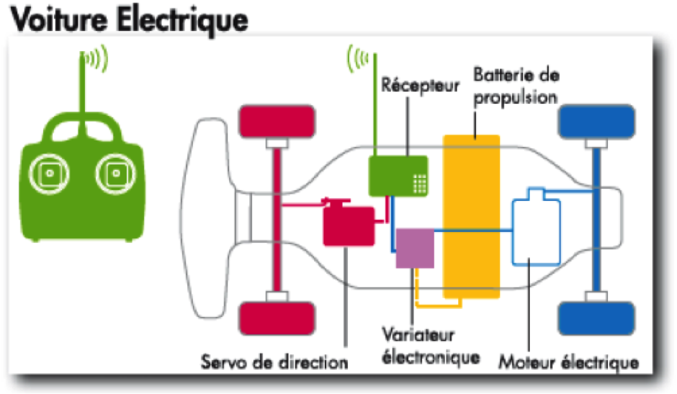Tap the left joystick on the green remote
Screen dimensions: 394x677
click(x=48, y=174)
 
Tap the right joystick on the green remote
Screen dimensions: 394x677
click(x=115, y=174)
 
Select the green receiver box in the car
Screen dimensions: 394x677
click(x=398, y=176)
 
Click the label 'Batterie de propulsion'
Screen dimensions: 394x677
click(x=515, y=86)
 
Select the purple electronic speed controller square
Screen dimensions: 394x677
click(x=415, y=248)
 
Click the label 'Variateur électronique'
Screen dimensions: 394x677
click(x=430, y=346)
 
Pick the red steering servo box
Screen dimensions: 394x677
click(x=348, y=225)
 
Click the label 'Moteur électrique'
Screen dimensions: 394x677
click(x=568, y=362)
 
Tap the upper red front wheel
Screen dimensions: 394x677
click(x=277, y=122)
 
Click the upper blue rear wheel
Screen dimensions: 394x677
click(x=596, y=122)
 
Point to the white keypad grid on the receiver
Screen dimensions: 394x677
click(x=420, y=184)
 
